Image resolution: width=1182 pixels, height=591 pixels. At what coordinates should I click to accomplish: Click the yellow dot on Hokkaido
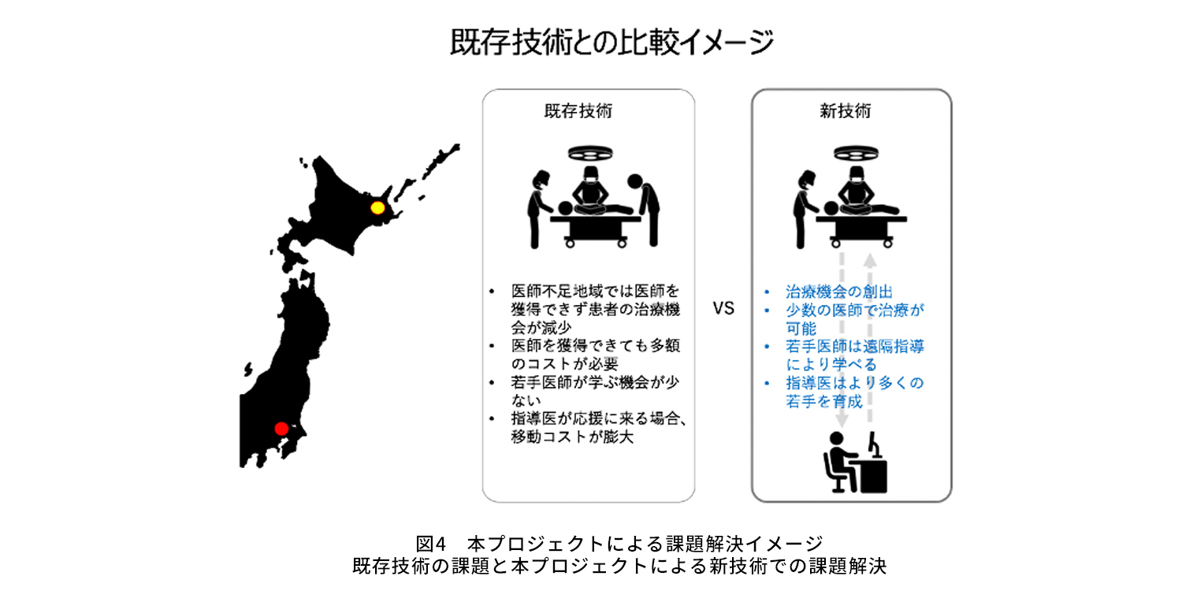point(377,207)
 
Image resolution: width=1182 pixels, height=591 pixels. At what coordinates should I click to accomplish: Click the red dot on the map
point(282,429)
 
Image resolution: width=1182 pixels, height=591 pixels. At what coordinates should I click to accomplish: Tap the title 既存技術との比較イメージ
point(612,42)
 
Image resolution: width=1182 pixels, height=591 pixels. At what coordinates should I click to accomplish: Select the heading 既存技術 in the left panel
point(578,111)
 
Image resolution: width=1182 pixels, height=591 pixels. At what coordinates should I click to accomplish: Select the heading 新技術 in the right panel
point(846,111)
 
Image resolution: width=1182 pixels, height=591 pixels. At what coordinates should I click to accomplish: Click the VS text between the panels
point(723,308)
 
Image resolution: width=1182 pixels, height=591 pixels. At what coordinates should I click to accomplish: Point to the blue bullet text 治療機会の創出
point(839,292)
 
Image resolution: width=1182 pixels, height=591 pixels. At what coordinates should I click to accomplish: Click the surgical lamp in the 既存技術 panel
point(590,153)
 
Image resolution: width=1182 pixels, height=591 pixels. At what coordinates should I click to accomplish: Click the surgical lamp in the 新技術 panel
point(856,153)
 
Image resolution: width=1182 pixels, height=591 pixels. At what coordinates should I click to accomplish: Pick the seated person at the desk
point(838,463)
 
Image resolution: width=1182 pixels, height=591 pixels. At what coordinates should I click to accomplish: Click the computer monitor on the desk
point(874,444)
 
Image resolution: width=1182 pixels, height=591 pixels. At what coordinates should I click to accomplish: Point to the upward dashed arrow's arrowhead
point(870,261)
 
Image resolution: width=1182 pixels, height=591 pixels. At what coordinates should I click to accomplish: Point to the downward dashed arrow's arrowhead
point(842,419)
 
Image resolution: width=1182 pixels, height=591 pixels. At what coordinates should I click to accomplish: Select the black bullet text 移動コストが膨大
point(572,437)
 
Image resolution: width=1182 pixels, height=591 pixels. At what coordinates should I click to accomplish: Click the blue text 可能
point(801,329)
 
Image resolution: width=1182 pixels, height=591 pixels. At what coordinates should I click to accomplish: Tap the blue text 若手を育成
point(823,402)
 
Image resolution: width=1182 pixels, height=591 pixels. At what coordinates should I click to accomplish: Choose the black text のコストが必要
point(564,364)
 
